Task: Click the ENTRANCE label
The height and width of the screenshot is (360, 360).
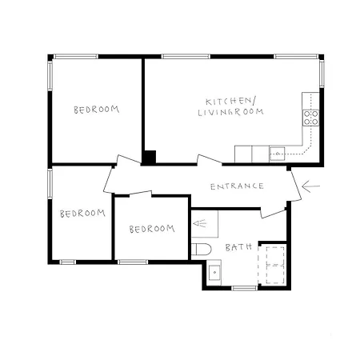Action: pos(237,186)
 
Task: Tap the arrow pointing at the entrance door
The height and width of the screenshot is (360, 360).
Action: pos(310,186)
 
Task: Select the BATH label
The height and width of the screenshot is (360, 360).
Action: pos(238,247)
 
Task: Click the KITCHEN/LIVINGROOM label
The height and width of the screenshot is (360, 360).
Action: pos(231,107)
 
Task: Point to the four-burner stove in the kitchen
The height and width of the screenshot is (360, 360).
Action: pos(311,118)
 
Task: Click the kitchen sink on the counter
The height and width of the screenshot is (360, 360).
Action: pos(277,154)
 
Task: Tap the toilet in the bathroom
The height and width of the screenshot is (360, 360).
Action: pos(202,250)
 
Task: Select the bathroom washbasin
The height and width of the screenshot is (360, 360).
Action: pos(214,273)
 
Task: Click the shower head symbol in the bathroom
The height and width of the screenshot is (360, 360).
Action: pos(200,223)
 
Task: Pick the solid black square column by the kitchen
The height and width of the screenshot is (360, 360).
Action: pos(150,157)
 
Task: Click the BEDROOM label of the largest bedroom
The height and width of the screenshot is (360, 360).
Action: pos(97,110)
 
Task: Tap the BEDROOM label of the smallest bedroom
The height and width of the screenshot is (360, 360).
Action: pos(152,229)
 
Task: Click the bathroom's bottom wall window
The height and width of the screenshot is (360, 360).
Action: pos(244,288)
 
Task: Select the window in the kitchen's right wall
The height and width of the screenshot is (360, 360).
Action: pos(322,74)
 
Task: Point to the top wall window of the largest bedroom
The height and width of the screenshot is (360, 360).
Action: pos(76,56)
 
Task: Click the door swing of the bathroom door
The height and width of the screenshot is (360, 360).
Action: pos(274,214)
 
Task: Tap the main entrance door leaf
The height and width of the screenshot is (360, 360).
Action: pos(296,185)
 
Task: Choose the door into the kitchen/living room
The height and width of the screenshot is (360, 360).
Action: pos(210,160)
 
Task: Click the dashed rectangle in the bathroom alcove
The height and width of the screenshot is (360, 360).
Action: pos(275,266)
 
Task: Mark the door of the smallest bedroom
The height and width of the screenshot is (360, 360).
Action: pos(140,193)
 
